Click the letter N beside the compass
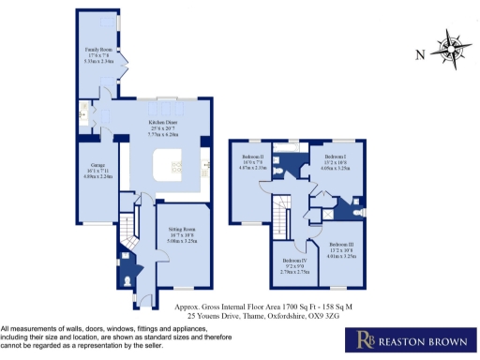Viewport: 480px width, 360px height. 420,53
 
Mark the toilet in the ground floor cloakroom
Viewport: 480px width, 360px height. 127,279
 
